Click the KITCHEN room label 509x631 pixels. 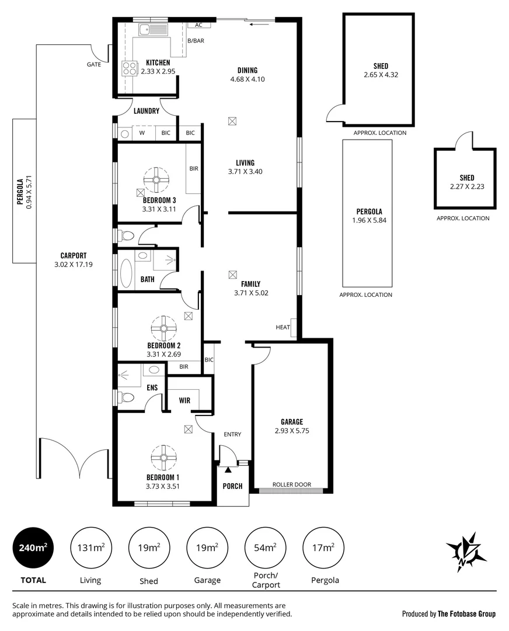pyautogui.click(x=158, y=63)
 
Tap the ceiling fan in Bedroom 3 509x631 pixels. pyautogui.click(x=156, y=181)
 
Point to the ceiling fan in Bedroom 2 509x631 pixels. pyautogui.click(x=163, y=328)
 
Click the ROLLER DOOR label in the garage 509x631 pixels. pyautogui.click(x=291, y=484)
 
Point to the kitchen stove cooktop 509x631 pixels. pyautogui.click(x=128, y=68)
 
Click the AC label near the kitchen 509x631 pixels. pyautogui.click(x=198, y=25)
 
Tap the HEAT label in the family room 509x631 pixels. pyautogui.click(x=283, y=327)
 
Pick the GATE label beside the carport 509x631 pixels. pyautogui.click(x=93, y=64)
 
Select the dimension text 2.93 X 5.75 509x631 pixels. pyautogui.click(x=291, y=431)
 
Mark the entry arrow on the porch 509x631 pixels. pyautogui.click(x=228, y=463)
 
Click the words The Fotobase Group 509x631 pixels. pyautogui.click(x=466, y=613)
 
